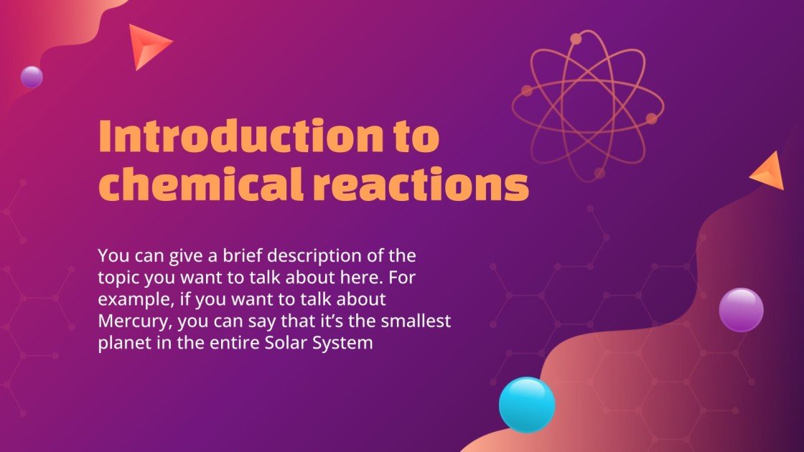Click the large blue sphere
pos(527,405)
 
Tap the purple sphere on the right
pos(741,309)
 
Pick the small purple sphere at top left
pos(32,77)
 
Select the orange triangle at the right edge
pos(767,172)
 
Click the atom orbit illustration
pos(588,104)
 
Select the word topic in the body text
pos(116,276)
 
